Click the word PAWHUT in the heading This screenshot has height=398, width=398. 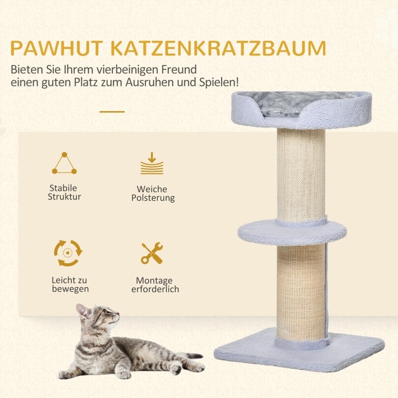click(x=56, y=48)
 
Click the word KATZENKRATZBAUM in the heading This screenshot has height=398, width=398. click(x=219, y=48)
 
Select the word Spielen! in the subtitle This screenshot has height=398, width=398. click(x=219, y=83)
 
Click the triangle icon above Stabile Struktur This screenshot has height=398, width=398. click(x=64, y=163)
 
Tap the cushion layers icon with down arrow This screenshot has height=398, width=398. click(x=152, y=163)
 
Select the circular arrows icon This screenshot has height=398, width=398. click(x=68, y=253)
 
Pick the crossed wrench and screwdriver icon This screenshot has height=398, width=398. click(x=152, y=253)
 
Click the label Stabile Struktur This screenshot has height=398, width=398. click(x=64, y=192)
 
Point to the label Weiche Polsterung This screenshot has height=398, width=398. click(x=153, y=193)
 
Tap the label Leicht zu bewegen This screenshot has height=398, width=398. click(x=70, y=285)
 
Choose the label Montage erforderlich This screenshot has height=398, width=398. click(x=155, y=285)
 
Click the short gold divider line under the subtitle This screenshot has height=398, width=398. click(x=112, y=112)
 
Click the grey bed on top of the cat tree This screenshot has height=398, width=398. click(x=302, y=110)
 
